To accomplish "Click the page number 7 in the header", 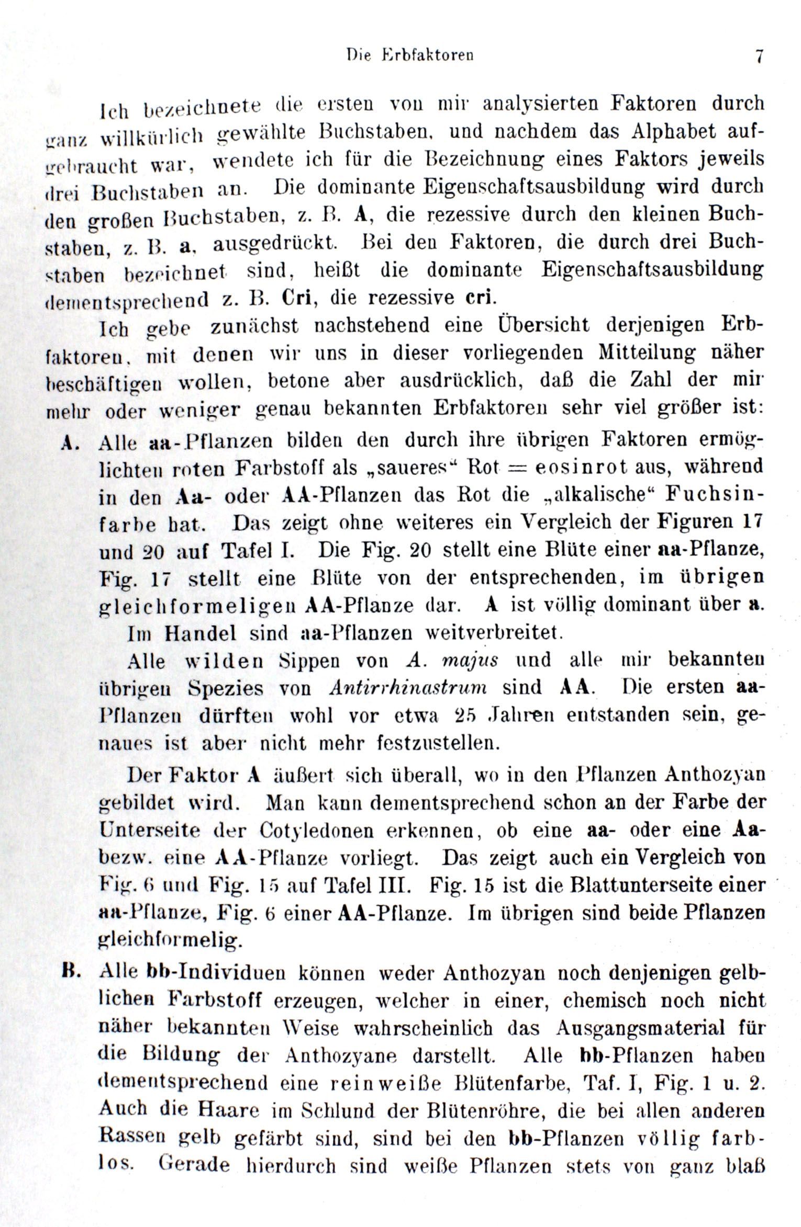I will point(758,56).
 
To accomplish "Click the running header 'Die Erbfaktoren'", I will point(410,55).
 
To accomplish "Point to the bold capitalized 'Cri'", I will point(297,298).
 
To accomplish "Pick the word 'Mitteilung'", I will point(647,353).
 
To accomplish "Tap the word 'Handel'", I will point(201,634).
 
